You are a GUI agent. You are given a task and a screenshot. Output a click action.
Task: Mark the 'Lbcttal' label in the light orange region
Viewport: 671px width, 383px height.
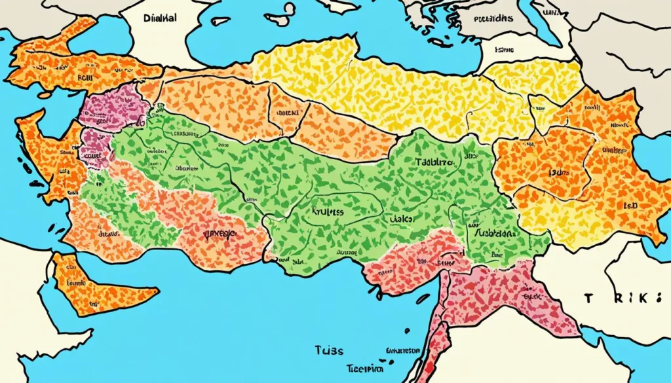[x=287, y=112]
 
